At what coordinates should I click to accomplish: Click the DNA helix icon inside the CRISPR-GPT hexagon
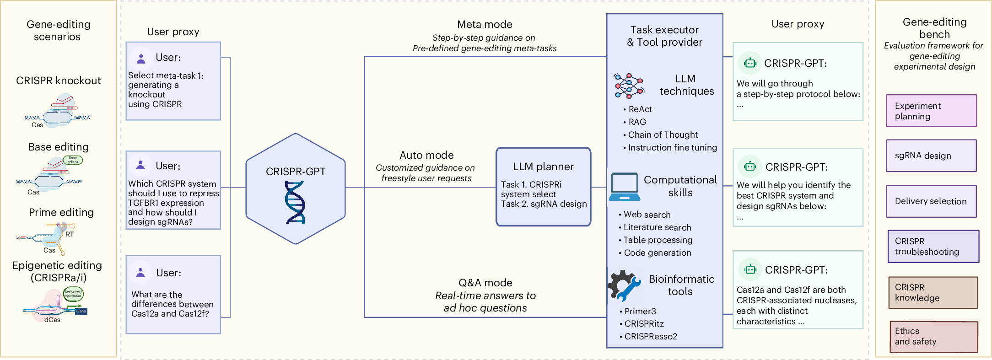pos(295,202)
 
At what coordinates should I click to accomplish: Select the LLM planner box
pos(543,187)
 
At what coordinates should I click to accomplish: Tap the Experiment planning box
pos(931,111)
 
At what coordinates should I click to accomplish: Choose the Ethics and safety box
pos(933,337)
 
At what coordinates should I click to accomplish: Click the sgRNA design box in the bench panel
pos(931,156)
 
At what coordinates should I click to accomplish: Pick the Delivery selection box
pos(931,201)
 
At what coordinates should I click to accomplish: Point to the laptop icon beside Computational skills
pos(624,187)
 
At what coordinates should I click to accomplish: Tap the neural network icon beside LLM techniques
pos(629,86)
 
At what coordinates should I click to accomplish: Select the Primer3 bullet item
pos(640,311)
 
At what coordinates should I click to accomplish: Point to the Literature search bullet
pos(657,227)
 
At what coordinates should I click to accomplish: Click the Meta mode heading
pos(485,24)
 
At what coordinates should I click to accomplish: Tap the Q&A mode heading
pos(485,283)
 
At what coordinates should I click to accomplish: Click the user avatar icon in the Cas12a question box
pos(140,273)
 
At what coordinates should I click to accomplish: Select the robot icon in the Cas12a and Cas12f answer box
pos(750,269)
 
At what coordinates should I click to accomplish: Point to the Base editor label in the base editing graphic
pos(73,160)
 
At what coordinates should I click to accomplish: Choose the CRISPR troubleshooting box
pos(933,247)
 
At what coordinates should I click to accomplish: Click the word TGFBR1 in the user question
pos(143,203)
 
